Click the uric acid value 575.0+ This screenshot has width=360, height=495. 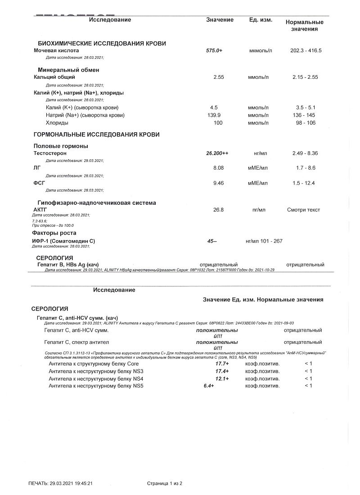(214, 51)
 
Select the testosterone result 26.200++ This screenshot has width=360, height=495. (217, 153)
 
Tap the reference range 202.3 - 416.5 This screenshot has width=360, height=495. (306, 51)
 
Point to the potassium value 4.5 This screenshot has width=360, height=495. (214, 108)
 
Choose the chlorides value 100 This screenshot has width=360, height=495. (218, 123)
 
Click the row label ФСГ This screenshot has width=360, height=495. (40, 183)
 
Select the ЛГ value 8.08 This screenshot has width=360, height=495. (218, 168)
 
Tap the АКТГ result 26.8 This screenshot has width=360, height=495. (218, 210)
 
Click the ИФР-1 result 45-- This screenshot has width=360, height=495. (212, 241)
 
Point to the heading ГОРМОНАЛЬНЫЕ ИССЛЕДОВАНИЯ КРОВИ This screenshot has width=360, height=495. (97, 135)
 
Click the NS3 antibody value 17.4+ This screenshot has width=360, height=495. (222, 371)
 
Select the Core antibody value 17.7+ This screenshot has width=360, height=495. (222, 364)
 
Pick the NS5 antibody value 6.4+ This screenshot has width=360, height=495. (209, 386)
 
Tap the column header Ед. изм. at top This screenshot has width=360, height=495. (261, 20)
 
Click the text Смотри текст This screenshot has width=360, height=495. (304, 210)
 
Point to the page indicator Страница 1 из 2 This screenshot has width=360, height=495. (164, 484)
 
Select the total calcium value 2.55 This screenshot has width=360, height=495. (218, 77)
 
